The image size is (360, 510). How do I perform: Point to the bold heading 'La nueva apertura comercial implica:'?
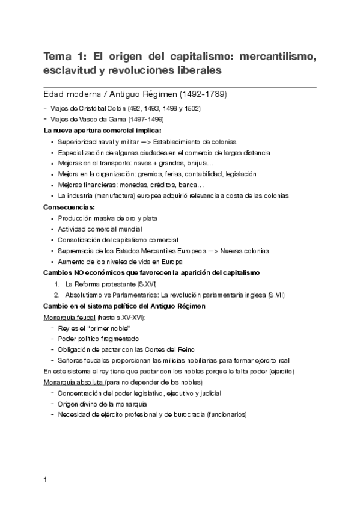(102, 130)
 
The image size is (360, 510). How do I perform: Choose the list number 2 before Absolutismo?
(56, 295)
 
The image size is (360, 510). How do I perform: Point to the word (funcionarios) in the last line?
(225, 414)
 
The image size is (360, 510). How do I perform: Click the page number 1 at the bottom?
(46, 480)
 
